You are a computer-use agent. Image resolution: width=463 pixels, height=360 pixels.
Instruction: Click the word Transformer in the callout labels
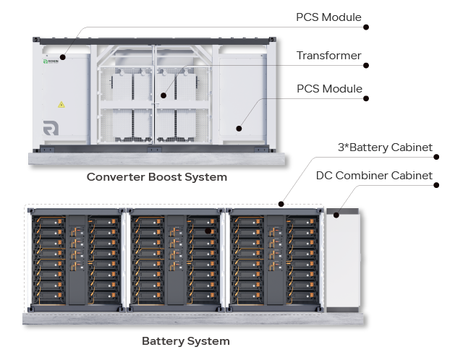(x=328, y=56)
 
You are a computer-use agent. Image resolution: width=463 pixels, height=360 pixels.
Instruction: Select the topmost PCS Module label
(x=328, y=17)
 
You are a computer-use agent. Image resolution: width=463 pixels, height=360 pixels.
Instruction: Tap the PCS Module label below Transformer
(x=329, y=89)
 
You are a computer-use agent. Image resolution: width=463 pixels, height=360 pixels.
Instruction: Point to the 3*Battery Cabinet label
(x=385, y=147)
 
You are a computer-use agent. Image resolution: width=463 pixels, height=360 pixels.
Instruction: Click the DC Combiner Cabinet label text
(x=374, y=175)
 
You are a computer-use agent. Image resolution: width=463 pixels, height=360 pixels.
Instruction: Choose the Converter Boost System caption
(x=157, y=177)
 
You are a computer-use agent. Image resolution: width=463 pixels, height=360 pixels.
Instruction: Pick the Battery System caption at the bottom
(x=186, y=341)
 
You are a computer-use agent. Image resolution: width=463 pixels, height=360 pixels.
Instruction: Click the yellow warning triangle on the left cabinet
(x=61, y=105)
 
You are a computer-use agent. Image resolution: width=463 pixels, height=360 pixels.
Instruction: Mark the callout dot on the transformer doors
(x=164, y=95)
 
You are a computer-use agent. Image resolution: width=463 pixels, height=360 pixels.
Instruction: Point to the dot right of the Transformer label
(x=366, y=65)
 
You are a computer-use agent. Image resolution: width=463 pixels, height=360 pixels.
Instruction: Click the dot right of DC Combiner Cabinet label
(x=437, y=184)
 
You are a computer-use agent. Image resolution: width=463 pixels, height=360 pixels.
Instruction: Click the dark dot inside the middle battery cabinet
(x=208, y=231)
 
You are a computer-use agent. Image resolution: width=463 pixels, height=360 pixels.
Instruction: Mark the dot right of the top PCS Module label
(x=366, y=27)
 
